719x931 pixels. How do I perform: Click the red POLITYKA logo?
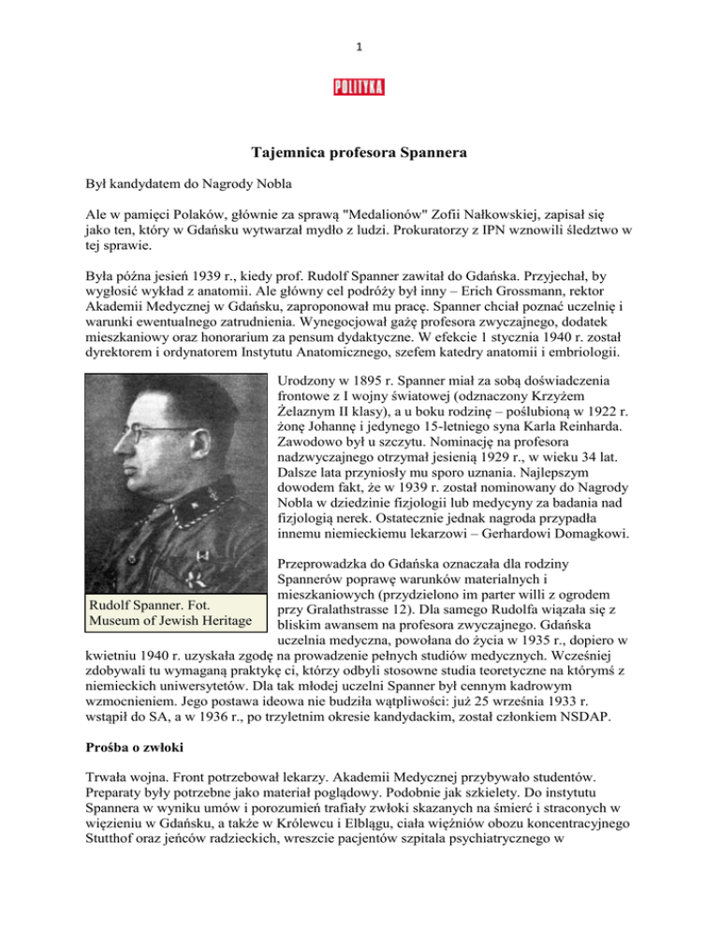(359, 88)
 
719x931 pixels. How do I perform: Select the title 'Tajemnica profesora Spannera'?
(359, 153)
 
